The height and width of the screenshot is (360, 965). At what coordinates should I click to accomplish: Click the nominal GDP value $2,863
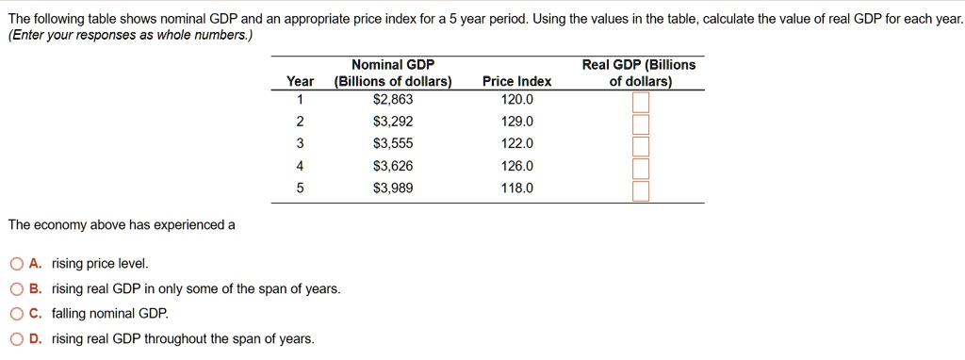tap(393, 99)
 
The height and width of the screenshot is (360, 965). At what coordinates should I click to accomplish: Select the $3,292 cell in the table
tap(393, 122)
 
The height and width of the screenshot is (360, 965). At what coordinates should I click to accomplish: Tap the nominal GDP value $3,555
tap(393, 143)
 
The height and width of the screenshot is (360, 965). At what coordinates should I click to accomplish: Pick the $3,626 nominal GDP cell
tap(393, 166)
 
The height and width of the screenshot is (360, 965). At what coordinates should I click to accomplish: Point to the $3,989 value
tap(393, 188)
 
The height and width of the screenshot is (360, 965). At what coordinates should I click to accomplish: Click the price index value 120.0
tap(516, 99)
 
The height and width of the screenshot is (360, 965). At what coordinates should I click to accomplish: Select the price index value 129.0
tap(516, 122)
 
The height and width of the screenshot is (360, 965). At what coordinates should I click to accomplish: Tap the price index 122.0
tap(516, 143)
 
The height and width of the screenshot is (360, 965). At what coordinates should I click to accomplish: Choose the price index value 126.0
tap(516, 166)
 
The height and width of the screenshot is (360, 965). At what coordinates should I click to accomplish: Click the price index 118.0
tap(516, 188)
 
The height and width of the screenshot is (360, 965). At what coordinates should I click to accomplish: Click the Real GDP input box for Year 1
tap(641, 102)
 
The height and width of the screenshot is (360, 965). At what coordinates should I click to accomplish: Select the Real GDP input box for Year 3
tap(641, 146)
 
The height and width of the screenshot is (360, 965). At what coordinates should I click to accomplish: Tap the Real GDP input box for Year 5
tap(641, 191)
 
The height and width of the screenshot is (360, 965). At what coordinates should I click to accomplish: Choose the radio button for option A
tap(16, 264)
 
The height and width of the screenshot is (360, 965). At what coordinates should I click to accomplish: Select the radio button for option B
tap(16, 289)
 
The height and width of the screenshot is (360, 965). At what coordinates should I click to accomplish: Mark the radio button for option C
tap(16, 314)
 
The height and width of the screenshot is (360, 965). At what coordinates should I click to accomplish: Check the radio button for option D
tap(16, 339)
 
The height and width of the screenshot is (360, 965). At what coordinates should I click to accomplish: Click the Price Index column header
tap(516, 82)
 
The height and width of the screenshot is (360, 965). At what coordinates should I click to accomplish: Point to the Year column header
tap(300, 82)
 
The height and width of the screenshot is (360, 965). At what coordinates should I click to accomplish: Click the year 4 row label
tap(300, 166)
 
